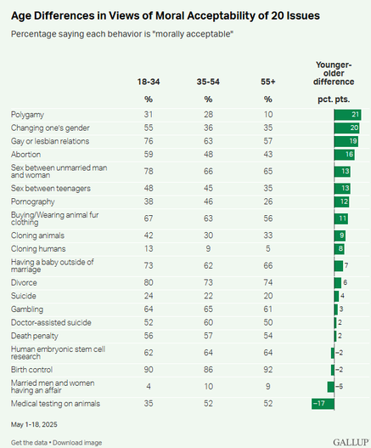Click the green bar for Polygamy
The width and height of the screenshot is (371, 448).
pos(347,115)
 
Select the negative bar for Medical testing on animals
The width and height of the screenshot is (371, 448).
pos(323,404)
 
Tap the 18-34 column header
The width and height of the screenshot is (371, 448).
pos(149,82)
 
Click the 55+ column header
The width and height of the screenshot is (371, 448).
pos(268,82)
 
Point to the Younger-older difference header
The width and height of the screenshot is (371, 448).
pos(334,73)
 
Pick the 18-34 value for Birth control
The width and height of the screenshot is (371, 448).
pos(149,370)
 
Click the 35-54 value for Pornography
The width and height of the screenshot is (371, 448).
pos(208,201)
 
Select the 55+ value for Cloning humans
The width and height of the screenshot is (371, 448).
pos(268,248)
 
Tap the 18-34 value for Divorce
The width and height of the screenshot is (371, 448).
pos(149,282)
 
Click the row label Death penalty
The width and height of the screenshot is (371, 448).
pos(35,336)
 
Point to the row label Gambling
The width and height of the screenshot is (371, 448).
pos(27,309)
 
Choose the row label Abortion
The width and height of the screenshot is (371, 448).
pos(25,154)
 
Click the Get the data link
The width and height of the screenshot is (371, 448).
pos(29,443)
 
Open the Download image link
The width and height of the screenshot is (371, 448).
pos(77,443)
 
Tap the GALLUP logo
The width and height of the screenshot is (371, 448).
pos(351,442)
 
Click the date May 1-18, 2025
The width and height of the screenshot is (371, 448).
pos(34,424)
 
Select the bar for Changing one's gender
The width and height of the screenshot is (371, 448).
pos(346,128)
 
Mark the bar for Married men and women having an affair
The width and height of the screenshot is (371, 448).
pos(331,387)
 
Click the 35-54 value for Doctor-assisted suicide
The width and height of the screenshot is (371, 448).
pos(208,322)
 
